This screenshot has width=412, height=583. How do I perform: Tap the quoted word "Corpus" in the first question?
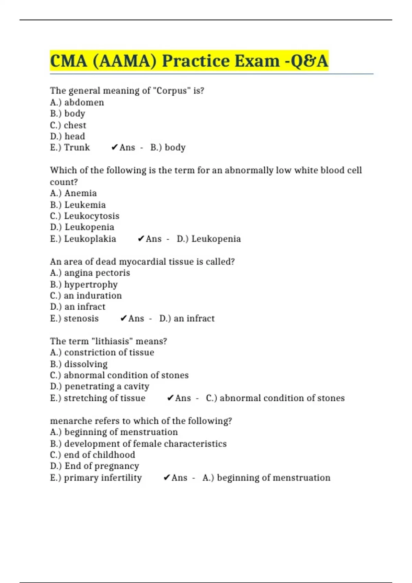click(171, 91)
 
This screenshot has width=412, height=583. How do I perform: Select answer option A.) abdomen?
click(77, 102)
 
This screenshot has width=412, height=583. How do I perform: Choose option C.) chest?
click(68, 125)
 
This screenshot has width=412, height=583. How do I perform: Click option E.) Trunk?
click(70, 147)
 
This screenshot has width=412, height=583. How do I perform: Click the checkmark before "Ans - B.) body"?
click(115, 147)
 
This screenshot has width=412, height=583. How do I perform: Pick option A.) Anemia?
click(73, 193)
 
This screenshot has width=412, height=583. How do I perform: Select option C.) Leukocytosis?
click(84, 216)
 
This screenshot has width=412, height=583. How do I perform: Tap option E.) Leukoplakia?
click(83, 239)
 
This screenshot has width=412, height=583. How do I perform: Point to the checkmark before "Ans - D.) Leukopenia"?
click(141, 239)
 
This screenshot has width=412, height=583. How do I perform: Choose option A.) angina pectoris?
click(90, 273)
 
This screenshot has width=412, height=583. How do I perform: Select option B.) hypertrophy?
click(84, 284)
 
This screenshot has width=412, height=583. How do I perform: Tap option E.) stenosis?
click(74, 318)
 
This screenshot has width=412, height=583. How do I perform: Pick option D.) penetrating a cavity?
click(100, 386)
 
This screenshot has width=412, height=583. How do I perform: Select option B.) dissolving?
click(79, 364)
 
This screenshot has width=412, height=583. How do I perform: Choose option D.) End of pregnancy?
click(94, 466)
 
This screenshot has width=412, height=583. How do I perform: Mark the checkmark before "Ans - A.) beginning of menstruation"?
click(167, 477)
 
